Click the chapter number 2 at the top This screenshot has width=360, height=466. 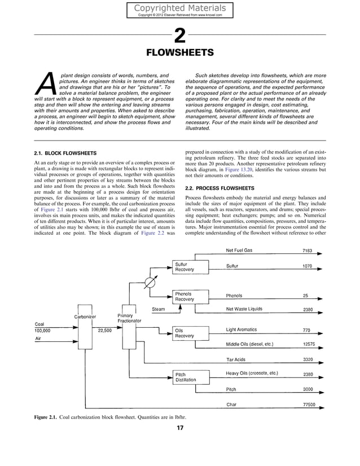179,36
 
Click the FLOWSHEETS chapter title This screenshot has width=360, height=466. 179,54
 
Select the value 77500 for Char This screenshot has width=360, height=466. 309,405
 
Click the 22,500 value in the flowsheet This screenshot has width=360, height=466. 104,331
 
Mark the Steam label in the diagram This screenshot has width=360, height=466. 159,309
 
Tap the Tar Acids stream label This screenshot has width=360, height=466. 236,359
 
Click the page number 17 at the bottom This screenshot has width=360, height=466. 179,428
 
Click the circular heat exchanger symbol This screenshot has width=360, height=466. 150,280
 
